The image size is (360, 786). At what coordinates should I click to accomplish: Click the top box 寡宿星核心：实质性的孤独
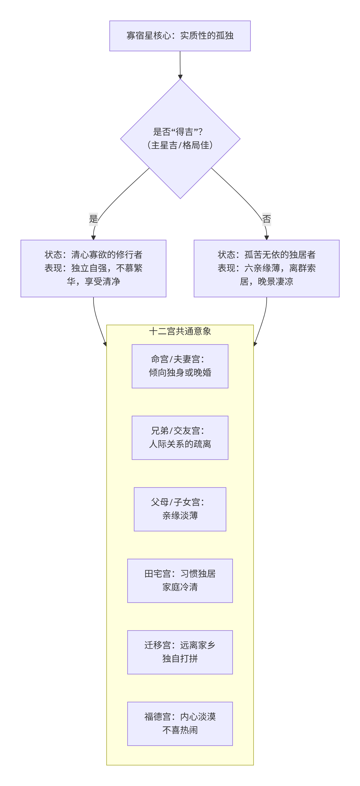(180, 36)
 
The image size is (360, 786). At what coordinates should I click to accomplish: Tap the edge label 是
(93, 219)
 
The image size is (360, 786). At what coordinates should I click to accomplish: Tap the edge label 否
(266, 219)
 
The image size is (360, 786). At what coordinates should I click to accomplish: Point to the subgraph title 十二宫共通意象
(180, 331)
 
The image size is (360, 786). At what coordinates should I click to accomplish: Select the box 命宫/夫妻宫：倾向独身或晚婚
(180, 366)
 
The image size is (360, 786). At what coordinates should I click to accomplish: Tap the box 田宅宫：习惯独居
(180, 580)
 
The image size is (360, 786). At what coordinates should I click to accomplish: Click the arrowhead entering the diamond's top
(180, 77)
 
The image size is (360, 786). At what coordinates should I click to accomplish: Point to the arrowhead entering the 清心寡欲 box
(93, 237)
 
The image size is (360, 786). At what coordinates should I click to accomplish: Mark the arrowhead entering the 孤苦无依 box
(266, 237)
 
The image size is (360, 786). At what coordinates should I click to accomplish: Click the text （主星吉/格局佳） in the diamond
(180, 145)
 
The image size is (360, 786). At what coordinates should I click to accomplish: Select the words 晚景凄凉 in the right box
(275, 281)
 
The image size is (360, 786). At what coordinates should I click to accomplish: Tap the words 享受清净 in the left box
(102, 281)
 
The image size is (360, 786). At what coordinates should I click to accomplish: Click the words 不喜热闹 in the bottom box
(180, 730)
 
